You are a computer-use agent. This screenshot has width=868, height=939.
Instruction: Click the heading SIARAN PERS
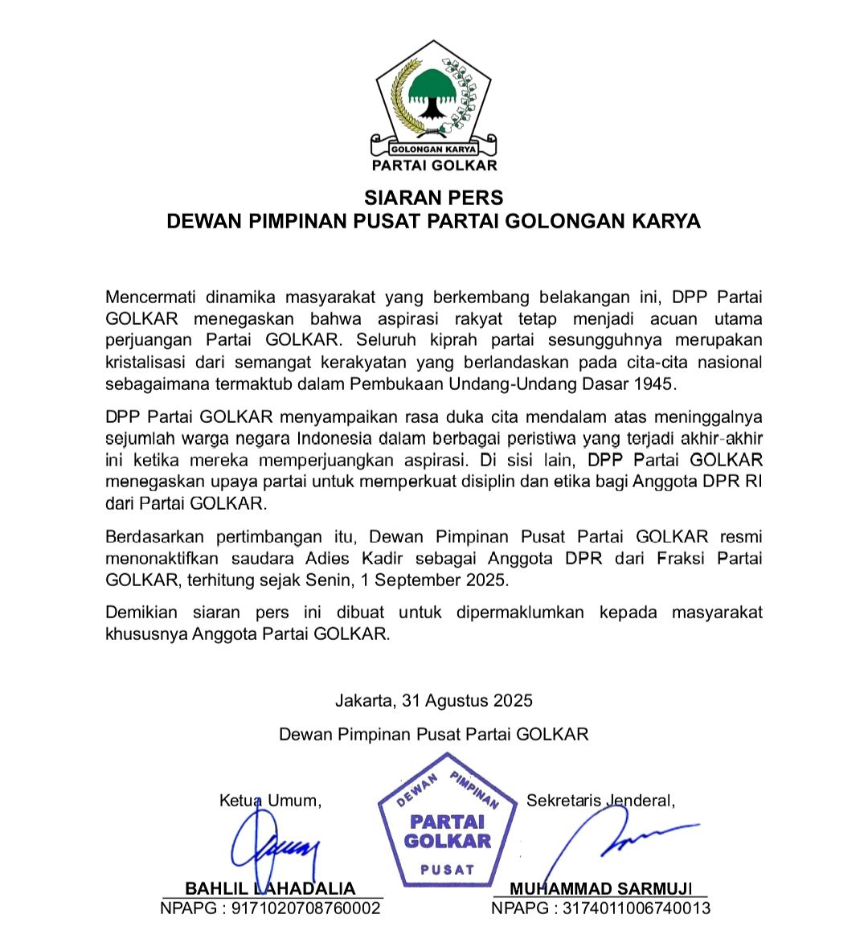point(434,198)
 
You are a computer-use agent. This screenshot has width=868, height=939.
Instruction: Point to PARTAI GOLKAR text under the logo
point(434,166)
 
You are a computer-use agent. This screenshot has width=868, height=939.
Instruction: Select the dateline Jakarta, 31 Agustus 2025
point(434,700)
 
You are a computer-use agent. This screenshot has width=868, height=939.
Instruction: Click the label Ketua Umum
point(270,801)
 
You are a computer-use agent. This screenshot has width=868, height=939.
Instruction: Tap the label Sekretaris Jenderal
point(600,801)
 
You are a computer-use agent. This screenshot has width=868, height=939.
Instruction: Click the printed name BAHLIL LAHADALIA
point(270,888)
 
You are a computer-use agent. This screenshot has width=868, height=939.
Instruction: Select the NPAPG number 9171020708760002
point(306,908)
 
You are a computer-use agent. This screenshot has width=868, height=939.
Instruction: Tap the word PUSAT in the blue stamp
point(448,870)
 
